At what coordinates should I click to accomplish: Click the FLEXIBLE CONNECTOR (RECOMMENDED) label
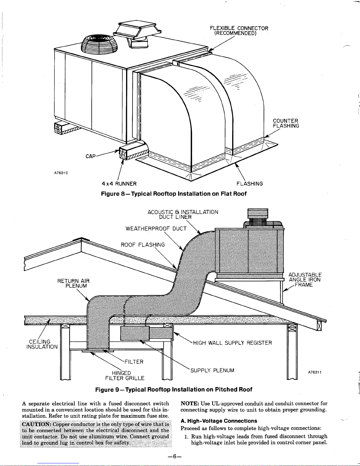[239, 31]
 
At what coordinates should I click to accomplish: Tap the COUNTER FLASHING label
[286, 123]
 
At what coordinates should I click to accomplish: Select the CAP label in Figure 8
[91, 156]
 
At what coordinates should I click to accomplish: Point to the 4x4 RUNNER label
[119, 184]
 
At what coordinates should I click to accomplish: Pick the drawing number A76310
[61, 173]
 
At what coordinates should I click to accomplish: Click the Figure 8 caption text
[174, 194]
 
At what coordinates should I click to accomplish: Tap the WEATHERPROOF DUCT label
[156, 229]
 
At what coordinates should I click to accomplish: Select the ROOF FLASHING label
[143, 245]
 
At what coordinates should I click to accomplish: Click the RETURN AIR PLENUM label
[73, 283]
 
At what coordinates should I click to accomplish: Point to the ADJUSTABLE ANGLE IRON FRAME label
[305, 280]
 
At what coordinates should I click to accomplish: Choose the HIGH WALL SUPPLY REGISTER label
[232, 343]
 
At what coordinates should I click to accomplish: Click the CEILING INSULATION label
[42, 344]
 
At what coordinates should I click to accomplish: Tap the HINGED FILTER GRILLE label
[125, 375]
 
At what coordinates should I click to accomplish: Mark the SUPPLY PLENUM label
[212, 370]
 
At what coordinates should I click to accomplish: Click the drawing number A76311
[315, 372]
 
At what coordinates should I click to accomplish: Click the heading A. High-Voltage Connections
[219, 421]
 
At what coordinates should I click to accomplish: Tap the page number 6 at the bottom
[175, 457]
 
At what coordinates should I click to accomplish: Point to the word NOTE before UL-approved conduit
[190, 403]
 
